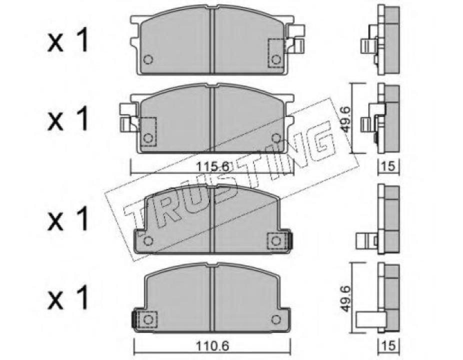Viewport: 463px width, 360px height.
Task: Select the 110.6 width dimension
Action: [213, 345]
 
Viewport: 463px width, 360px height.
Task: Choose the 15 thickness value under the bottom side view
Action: [388, 345]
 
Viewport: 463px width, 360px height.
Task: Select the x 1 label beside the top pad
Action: [68, 42]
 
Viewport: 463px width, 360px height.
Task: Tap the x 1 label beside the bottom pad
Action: [68, 298]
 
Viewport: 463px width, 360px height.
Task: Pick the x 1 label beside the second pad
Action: [68, 120]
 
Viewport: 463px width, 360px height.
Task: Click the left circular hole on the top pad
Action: [147, 60]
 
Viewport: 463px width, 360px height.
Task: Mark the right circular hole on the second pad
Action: [276, 137]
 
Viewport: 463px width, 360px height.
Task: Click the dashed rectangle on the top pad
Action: [276, 53]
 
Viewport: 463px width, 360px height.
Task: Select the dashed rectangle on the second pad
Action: [148, 131]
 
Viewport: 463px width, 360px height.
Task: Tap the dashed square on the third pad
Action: [275, 241]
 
